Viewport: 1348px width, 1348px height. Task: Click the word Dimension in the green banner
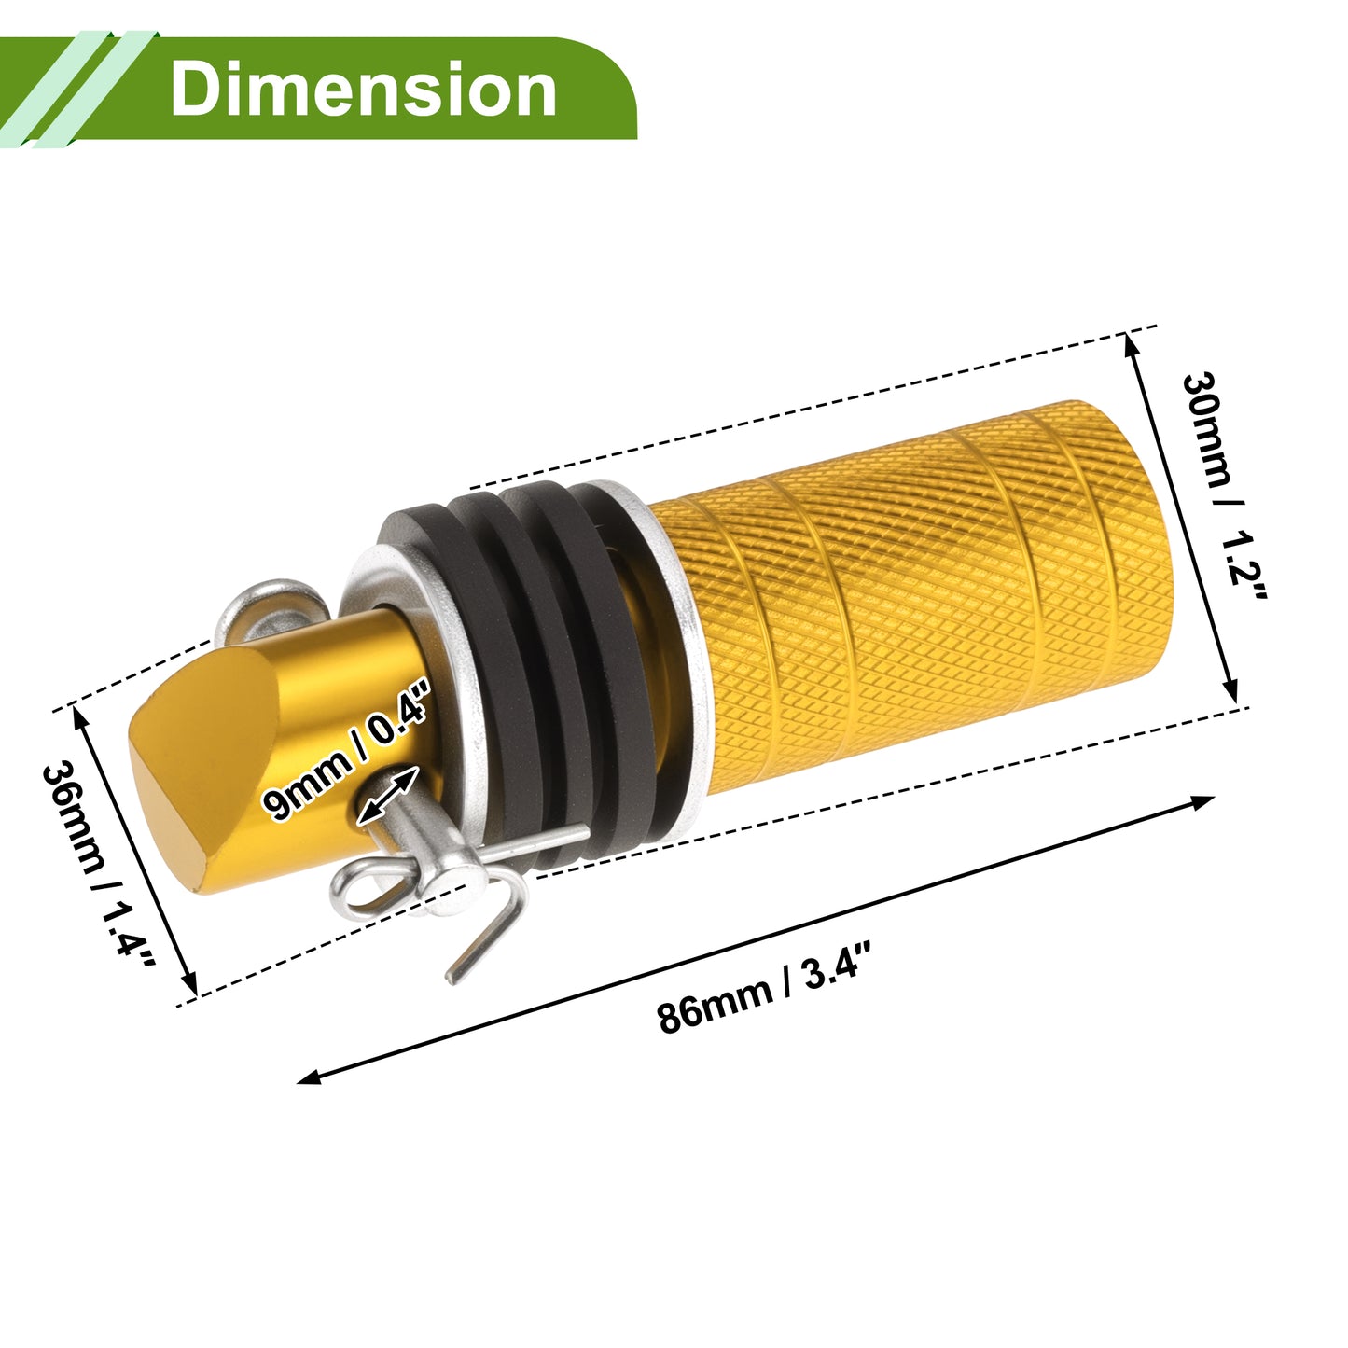[x=363, y=89]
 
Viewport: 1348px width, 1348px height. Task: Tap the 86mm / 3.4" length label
[x=764, y=988]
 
